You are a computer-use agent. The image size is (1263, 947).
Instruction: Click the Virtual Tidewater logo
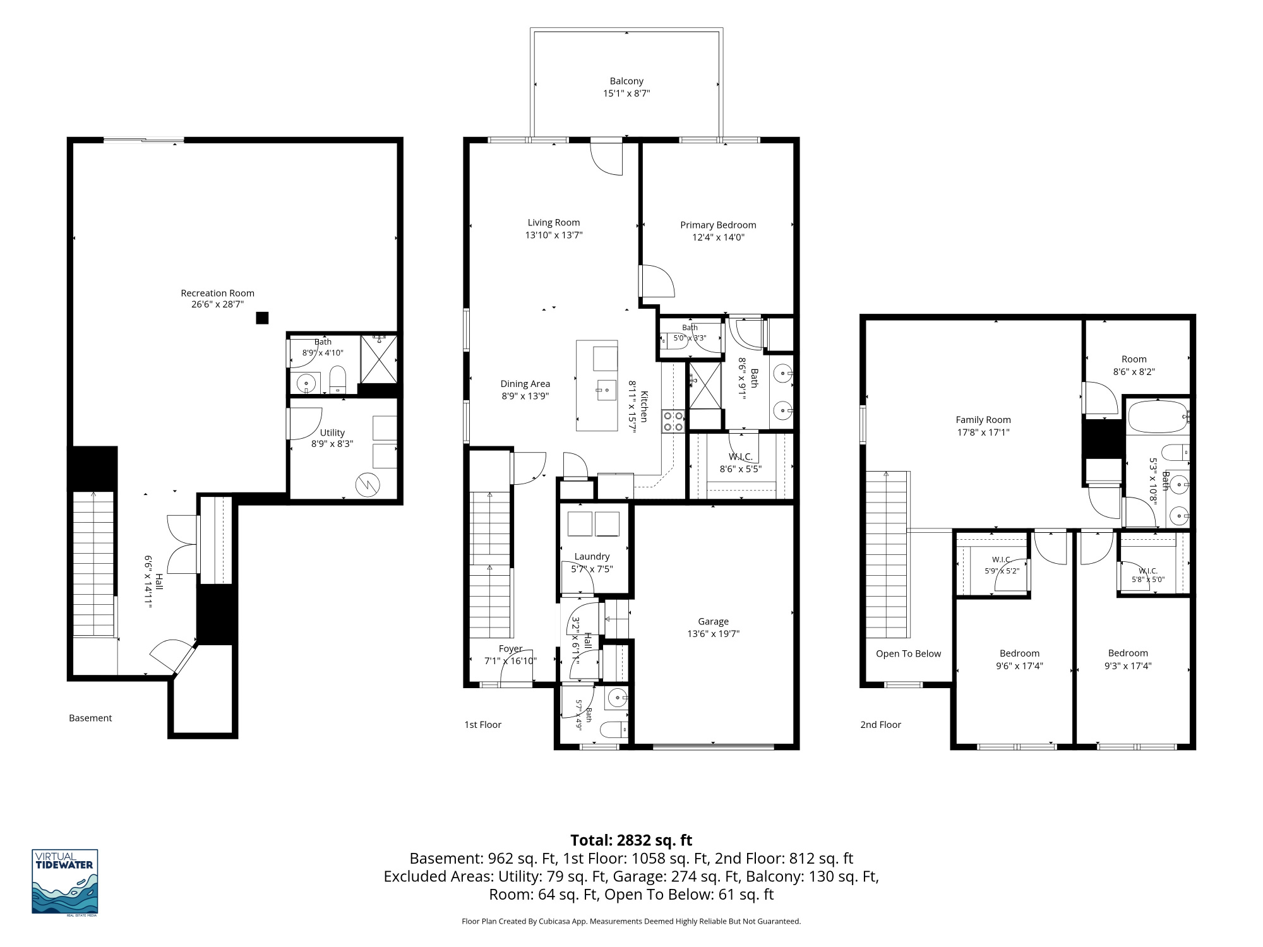pyautogui.click(x=65, y=881)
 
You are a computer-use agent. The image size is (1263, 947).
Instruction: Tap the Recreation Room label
pyautogui.click(x=218, y=293)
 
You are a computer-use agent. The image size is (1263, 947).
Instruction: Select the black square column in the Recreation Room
pyautogui.click(x=262, y=318)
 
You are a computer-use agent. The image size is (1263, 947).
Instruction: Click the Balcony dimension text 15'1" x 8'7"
pyautogui.click(x=626, y=93)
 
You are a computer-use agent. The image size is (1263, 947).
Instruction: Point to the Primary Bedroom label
pyautogui.click(x=718, y=225)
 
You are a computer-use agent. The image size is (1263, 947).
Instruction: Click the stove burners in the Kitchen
pyautogui.click(x=673, y=421)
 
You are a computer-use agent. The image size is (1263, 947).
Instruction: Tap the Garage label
pyautogui.click(x=714, y=621)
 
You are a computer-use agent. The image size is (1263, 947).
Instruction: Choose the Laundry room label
pyautogui.click(x=592, y=556)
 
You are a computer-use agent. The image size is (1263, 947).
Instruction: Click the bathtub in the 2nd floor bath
pyautogui.click(x=1158, y=417)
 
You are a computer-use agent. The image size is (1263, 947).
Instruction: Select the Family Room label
pyautogui.click(x=983, y=420)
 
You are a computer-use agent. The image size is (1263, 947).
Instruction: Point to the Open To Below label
pyautogui.click(x=908, y=653)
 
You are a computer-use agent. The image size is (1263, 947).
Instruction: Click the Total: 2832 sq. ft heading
pyautogui.click(x=631, y=840)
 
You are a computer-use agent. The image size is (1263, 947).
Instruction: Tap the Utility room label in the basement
pyautogui.click(x=332, y=432)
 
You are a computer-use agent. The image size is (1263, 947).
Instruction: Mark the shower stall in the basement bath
pyautogui.click(x=379, y=359)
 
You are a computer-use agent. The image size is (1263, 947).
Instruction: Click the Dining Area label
pyautogui.click(x=525, y=384)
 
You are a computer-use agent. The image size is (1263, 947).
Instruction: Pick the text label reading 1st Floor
pyautogui.click(x=483, y=725)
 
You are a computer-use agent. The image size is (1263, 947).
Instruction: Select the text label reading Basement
pyautogui.click(x=90, y=718)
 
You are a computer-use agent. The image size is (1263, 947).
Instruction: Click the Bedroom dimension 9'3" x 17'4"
pyautogui.click(x=1128, y=665)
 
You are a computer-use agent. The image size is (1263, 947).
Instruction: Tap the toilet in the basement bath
pyautogui.click(x=338, y=379)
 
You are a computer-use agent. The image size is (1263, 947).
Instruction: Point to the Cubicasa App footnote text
pyautogui.click(x=631, y=921)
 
